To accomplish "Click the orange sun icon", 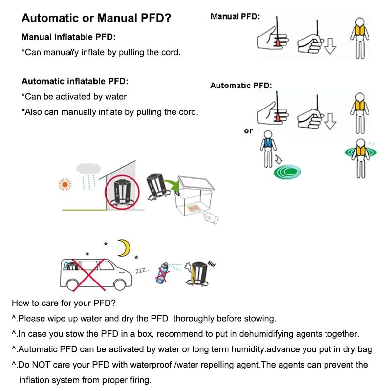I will point(64,184).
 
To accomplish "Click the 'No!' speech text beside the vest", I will point(211,264).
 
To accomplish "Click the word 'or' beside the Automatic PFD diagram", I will point(249,131).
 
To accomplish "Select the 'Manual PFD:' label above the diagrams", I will point(235,17).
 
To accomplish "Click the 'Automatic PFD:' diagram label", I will point(241,86).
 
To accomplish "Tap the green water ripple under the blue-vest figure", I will point(287,171).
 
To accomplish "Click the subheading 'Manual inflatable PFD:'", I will point(68,37).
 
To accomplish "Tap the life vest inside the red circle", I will point(120,191).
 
